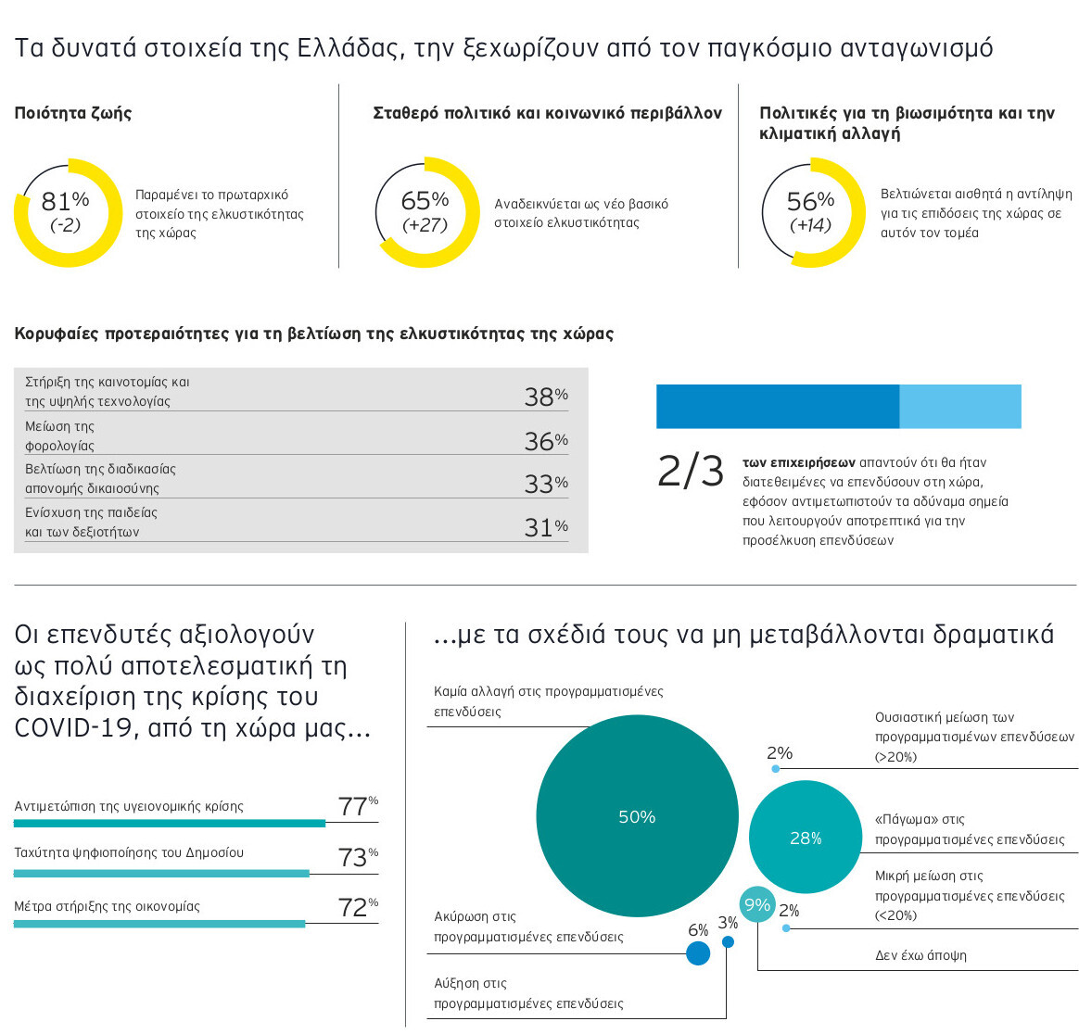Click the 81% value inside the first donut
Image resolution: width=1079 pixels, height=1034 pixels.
pos(65,201)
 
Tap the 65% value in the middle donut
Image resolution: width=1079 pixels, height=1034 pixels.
pos(425,201)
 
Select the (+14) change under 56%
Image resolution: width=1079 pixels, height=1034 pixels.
pos(810,225)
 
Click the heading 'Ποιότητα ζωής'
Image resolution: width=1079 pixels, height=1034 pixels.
pos(73,113)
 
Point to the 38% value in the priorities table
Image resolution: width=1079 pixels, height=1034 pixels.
pos(545,397)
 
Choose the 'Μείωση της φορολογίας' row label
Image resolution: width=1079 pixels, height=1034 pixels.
pos(60,436)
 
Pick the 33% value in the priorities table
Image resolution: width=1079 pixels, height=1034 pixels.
pos(545,484)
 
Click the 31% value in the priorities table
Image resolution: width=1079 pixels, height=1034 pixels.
pos(545,527)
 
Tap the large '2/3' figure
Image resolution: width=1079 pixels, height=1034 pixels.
pos(691,472)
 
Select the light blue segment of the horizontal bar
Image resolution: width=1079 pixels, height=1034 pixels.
pos(959,407)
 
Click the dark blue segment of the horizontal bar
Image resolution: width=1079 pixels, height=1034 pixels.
pos(777,407)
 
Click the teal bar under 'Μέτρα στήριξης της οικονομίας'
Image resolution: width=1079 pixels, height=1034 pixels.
pos(159,924)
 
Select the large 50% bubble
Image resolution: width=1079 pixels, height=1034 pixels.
pos(637,816)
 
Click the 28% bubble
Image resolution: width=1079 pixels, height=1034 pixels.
pos(806,838)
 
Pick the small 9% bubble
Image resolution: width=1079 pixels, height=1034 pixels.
pos(757,904)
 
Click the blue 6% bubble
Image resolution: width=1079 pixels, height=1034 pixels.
pos(698,952)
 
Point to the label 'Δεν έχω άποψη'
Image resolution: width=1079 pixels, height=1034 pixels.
pos(920,955)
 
